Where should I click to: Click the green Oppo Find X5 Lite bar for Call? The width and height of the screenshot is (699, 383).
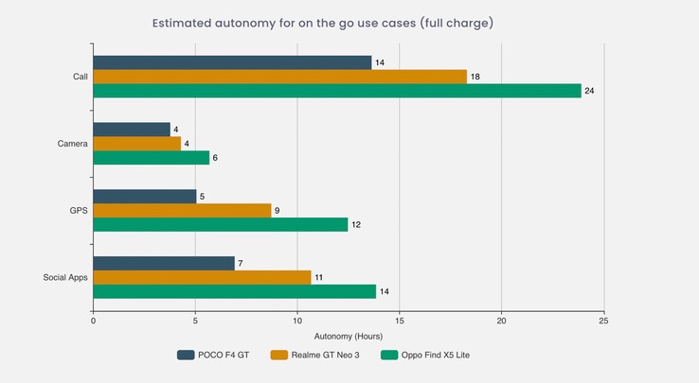(337, 91)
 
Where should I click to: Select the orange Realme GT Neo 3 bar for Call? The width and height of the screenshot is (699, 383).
(280, 77)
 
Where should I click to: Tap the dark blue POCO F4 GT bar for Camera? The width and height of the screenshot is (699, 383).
(132, 130)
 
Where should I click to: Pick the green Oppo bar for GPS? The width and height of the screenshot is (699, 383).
(221, 224)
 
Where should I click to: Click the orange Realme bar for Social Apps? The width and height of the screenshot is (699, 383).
(202, 277)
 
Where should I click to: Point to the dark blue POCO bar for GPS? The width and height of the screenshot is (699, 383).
(145, 197)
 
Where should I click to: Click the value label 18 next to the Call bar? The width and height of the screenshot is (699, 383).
(476, 77)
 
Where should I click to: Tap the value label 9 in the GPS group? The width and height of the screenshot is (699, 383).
(277, 211)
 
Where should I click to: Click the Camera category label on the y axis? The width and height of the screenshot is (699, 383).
(73, 144)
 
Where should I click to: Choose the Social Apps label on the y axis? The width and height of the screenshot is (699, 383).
(66, 277)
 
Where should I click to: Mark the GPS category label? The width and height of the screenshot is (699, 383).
(79, 210)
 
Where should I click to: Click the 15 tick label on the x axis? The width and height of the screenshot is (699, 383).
(400, 321)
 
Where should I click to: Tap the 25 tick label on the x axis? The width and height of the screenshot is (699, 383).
(603, 321)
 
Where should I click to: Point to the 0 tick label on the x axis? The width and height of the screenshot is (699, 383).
(93, 321)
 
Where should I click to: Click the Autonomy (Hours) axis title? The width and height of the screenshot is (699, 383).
(348, 335)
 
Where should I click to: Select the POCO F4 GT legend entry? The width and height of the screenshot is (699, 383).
(212, 356)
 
